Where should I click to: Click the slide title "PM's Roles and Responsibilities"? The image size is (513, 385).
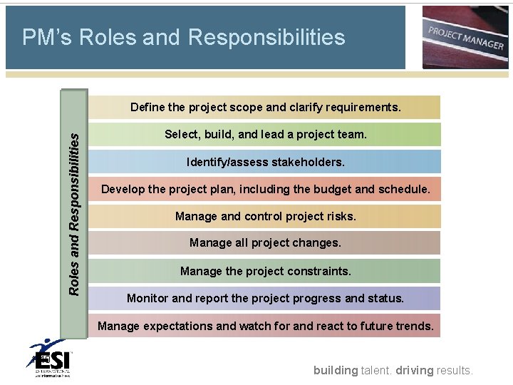(x=183, y=38)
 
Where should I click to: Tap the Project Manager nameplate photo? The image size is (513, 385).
(x=465, y=37)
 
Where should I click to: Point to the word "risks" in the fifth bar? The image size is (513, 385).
(x=341, y=216)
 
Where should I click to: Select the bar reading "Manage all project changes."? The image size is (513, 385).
(x=265, y=243)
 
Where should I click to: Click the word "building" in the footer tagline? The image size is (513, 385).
(x=336, y=370)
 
